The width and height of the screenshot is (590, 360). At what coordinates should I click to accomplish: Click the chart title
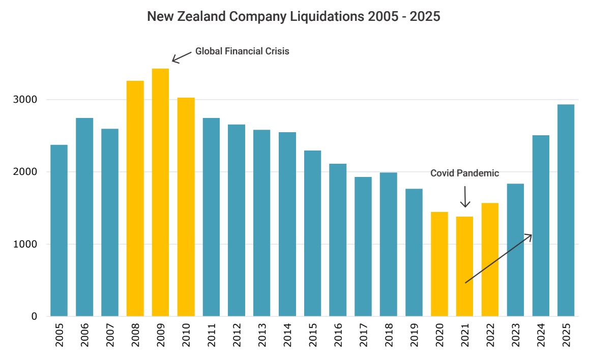click(293, 17)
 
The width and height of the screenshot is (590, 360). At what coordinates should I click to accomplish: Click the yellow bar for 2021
click(464, 266)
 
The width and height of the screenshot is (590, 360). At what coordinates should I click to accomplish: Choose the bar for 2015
click(312, 233)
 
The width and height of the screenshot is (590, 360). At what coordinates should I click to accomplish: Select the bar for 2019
click(414, 252)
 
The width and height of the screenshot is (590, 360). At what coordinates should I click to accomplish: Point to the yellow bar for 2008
click(135, 198)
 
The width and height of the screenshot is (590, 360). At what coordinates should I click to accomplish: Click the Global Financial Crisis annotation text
click(242, 51)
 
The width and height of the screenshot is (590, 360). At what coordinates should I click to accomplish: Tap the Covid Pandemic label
click(464, 173)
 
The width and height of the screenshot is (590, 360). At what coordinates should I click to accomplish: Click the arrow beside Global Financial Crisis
click(181, 56)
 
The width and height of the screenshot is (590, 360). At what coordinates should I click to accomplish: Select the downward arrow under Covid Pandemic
click(465, 197)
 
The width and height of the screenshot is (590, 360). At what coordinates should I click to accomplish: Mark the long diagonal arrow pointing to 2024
click(498, 258)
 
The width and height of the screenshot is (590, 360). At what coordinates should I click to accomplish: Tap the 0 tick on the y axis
click(34, 316)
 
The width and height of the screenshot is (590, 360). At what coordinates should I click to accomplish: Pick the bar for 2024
click(541, 226)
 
